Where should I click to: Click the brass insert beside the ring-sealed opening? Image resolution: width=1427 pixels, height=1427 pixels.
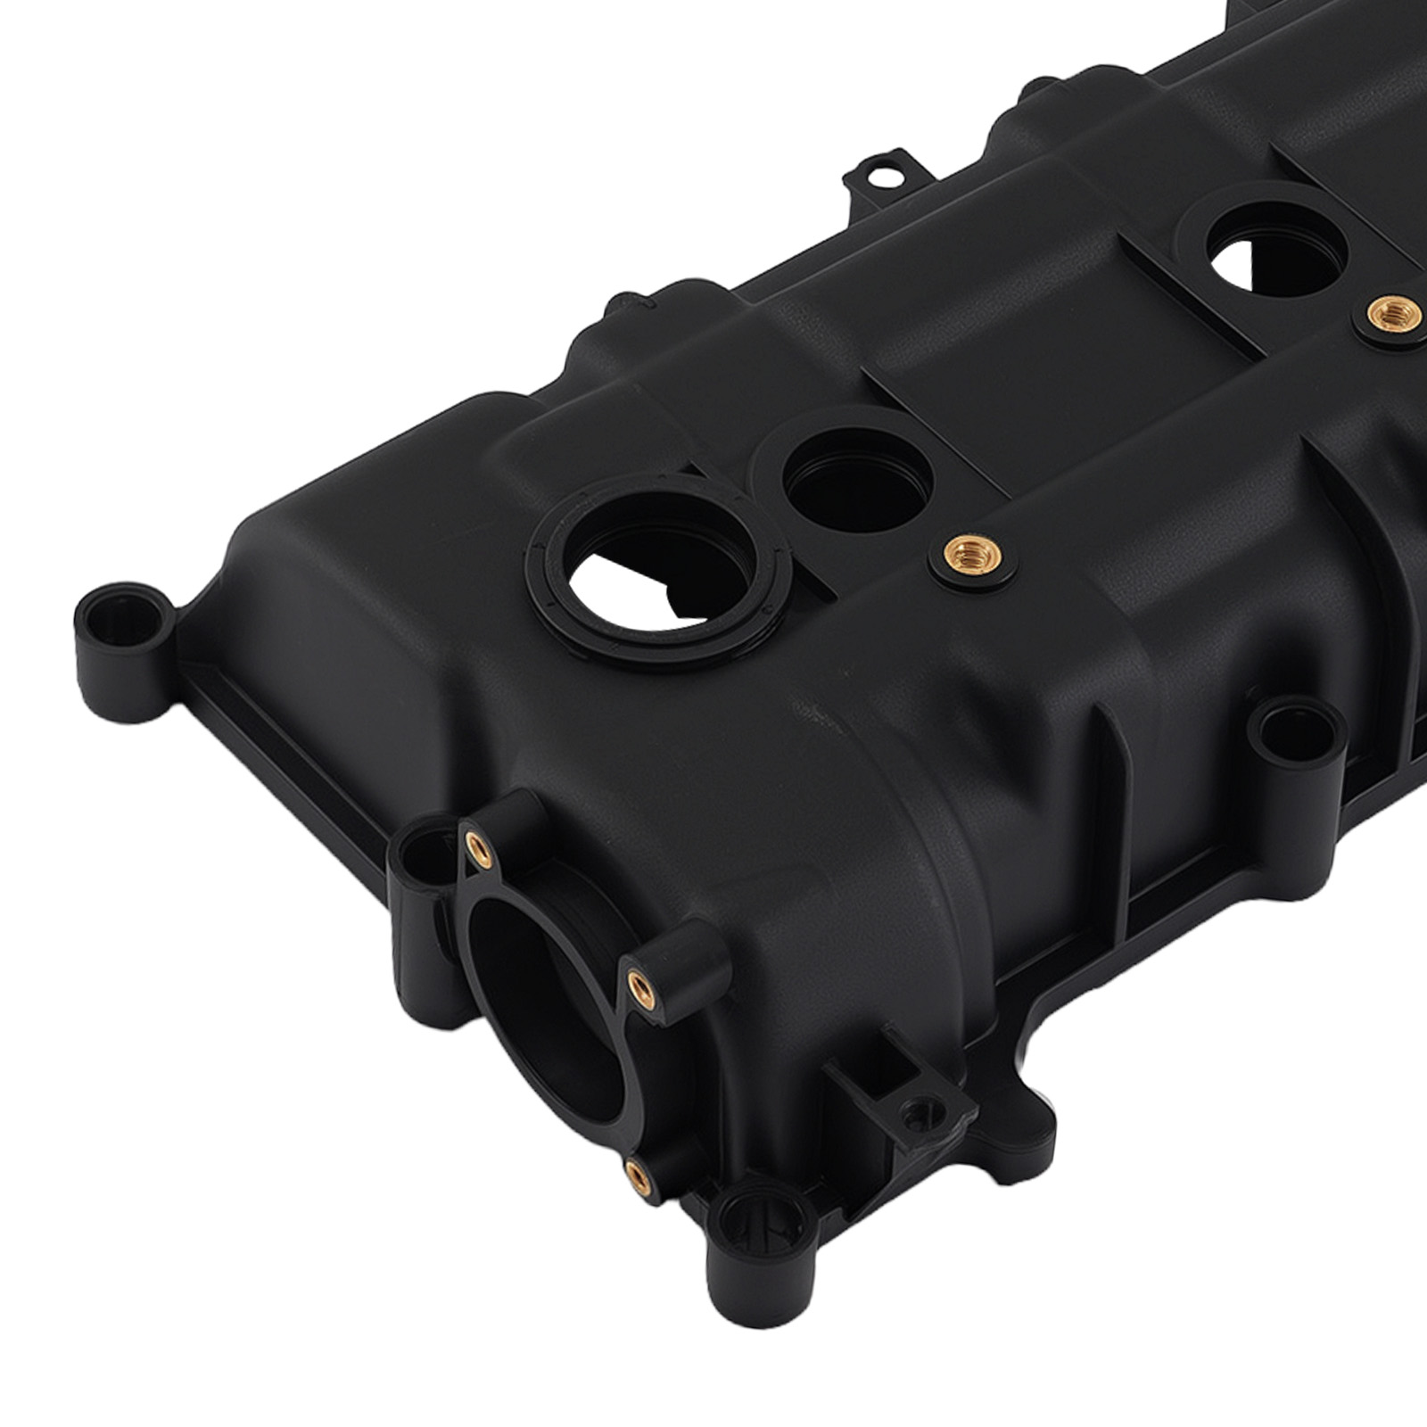[x=971, y=558]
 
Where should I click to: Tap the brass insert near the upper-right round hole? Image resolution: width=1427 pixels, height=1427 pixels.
[x=1394, y=313]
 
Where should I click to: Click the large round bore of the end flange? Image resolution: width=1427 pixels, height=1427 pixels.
[x=544, y=1008]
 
